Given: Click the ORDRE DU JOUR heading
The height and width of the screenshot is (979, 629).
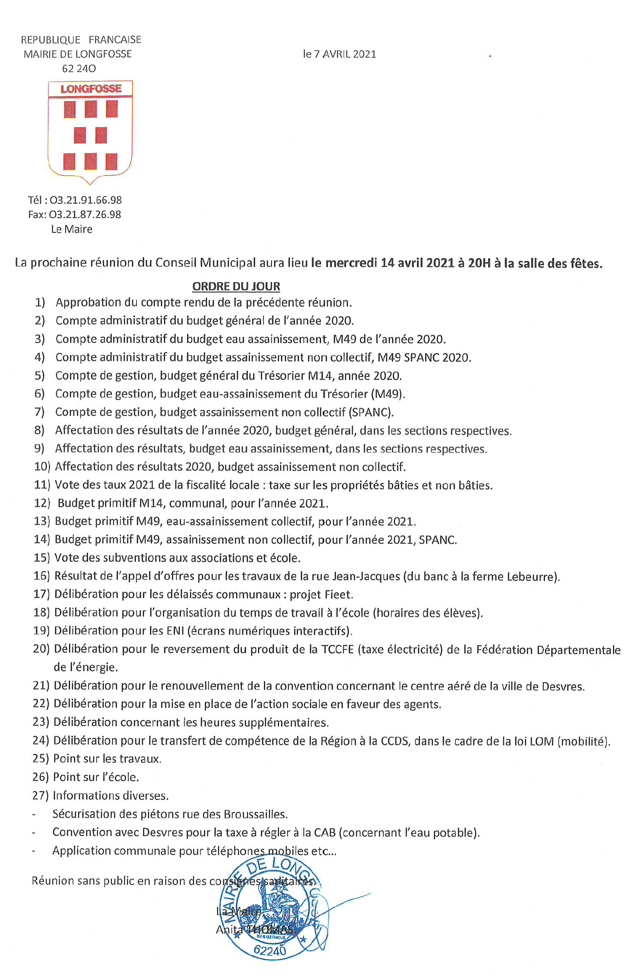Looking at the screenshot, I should [236, 286].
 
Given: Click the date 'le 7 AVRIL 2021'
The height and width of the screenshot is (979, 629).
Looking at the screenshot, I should [339, 54].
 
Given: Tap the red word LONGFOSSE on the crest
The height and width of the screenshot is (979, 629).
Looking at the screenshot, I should [91, 89].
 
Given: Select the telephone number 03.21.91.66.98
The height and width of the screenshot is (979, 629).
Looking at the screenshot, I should [85, 200].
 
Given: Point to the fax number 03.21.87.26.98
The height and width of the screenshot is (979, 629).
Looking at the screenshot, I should [85, 214].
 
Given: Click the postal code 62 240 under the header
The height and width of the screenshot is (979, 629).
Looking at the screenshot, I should [79, 68].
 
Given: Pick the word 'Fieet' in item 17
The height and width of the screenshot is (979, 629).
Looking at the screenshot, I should [341, 594].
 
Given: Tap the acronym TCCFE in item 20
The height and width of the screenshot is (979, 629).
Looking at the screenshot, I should [337, 650].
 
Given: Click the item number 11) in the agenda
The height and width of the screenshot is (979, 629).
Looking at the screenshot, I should [42, 485].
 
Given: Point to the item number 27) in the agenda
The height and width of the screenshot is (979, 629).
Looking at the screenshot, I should [40, 795].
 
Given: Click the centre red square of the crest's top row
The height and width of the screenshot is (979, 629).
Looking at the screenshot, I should [91, 109].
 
